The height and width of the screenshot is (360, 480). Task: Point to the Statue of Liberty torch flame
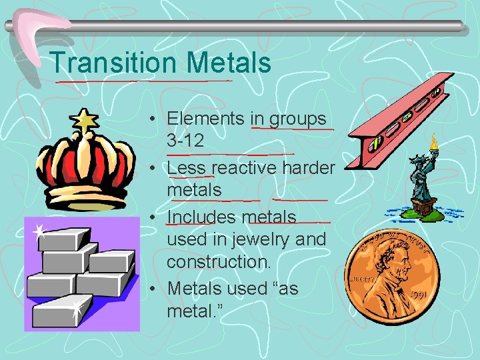[x=435, y=140]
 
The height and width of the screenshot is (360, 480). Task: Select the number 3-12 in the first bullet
[x=185, y=142]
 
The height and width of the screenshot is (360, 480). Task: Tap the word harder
[x=308, y=167]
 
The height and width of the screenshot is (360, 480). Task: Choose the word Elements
[x=205, y=119]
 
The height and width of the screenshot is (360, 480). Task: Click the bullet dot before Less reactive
[x=154, y=168]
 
